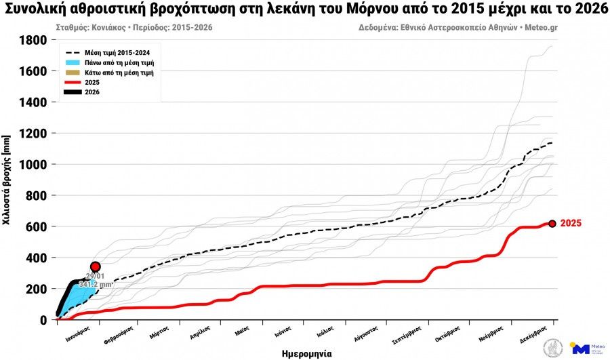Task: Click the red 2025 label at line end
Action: coord(571,223)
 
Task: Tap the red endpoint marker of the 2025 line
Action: coord(552,224)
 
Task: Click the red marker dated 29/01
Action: coord(96,267)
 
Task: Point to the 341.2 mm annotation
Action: coord(95,285)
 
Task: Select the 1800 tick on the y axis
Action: coord(34,40)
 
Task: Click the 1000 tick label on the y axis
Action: coord(34,165)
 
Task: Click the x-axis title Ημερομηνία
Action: coord(306,353)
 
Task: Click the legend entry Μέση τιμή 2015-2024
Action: coord(122,52)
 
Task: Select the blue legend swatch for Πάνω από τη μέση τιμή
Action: coord(74,62)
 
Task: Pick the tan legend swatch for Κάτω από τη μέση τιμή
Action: coord(74,72)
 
